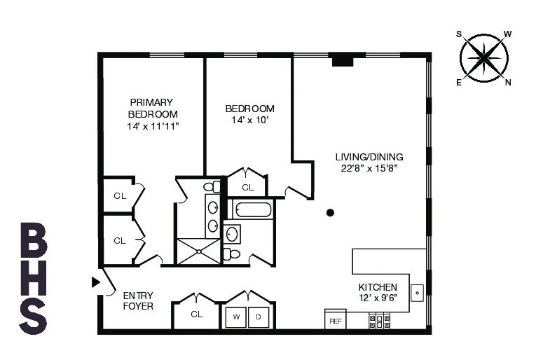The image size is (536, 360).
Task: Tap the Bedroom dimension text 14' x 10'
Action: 249,120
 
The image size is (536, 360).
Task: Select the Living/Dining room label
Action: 369,157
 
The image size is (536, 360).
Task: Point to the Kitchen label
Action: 378,287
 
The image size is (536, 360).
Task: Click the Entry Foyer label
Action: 138,300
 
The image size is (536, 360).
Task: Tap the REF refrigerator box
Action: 335,320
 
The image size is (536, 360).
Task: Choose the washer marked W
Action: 237,317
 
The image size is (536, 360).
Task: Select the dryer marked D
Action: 257,317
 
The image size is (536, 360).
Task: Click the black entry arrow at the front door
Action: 96,282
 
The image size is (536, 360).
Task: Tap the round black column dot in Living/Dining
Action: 330,212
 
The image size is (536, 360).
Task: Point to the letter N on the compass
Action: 509,82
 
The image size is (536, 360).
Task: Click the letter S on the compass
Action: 460,33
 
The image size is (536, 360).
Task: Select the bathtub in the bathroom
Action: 250,209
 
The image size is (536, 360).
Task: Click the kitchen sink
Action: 417,291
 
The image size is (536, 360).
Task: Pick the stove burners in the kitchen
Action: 379,321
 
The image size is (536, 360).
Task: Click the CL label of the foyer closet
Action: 197,314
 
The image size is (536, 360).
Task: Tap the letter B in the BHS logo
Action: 34,240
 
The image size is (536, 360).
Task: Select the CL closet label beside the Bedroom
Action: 247,187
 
